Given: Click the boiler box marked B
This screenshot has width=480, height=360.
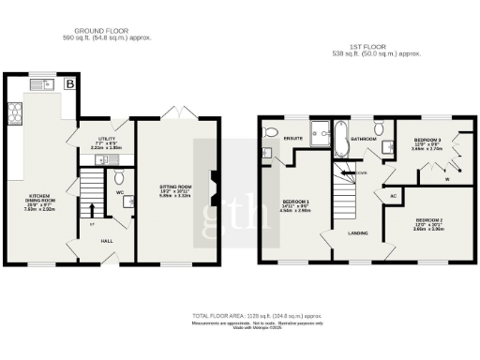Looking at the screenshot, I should point(70,84).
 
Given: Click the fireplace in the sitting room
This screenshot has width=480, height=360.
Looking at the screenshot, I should point(215,187).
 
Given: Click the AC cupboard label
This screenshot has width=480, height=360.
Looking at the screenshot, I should point(393,195).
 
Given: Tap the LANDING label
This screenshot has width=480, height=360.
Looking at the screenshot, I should point(358,232).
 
